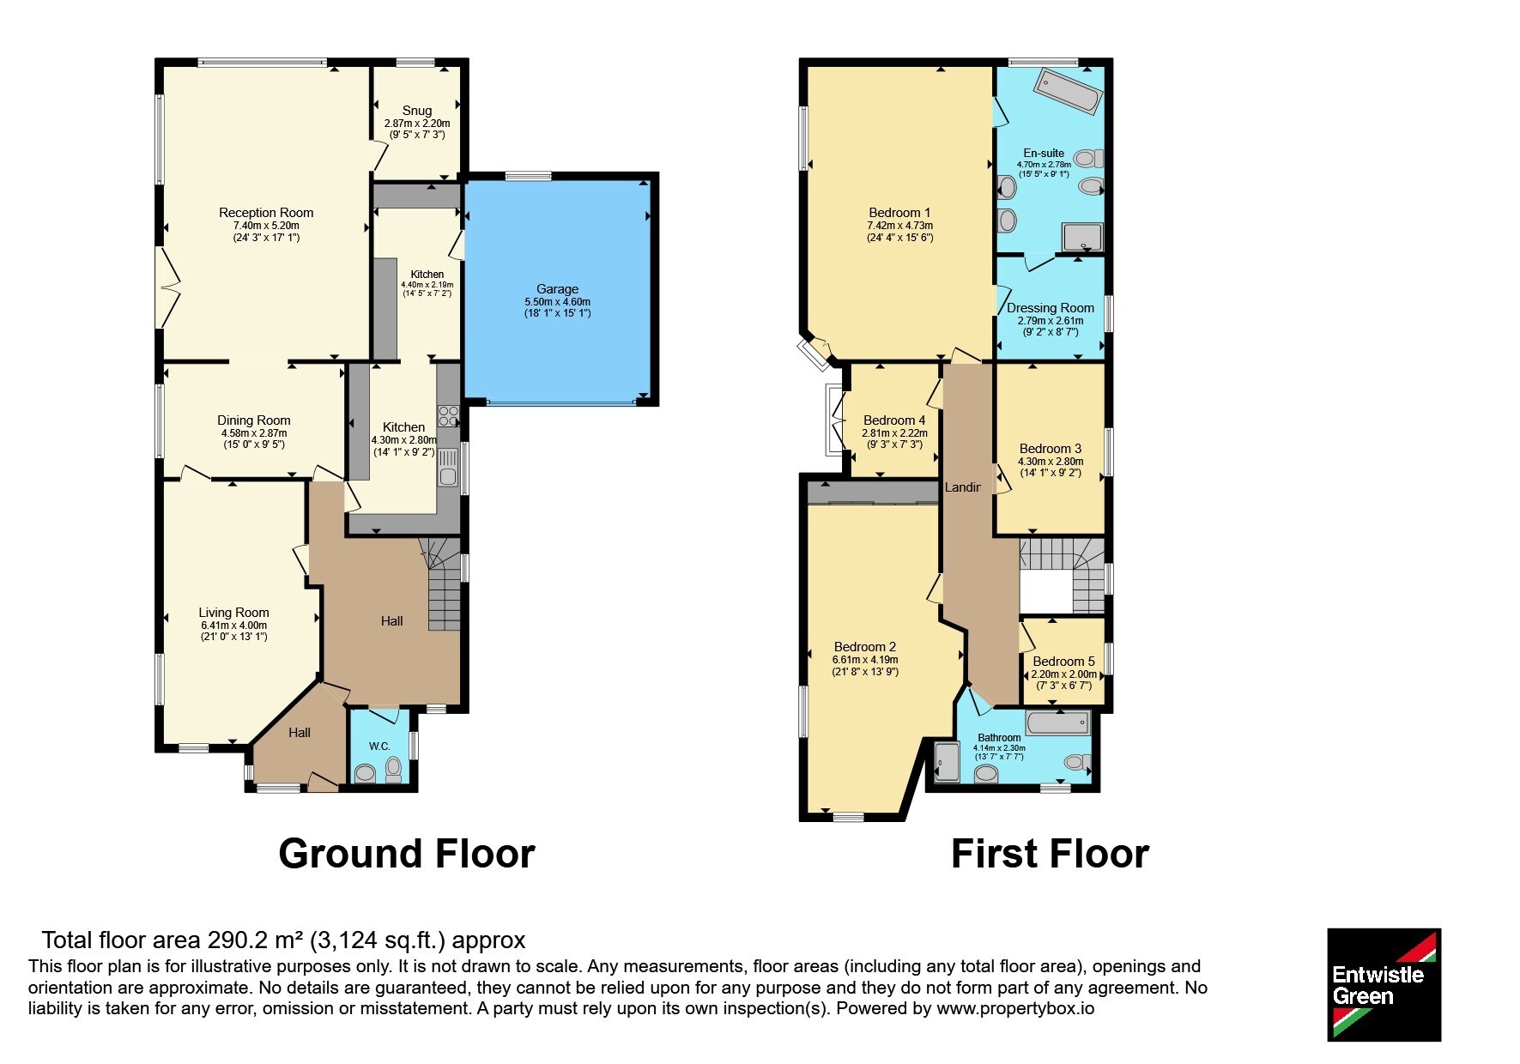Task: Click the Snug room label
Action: tap(417, 111)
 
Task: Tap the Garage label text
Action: tap(558, 289)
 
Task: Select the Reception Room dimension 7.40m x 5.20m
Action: tap(266, 226)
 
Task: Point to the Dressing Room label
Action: tap(1051, 308)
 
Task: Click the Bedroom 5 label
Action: tap(1063, 662)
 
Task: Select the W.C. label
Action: tap(380, 747)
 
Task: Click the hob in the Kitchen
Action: tap(449, 416)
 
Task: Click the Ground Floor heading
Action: tap(407, 854)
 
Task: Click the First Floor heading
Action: tap(1050, 854)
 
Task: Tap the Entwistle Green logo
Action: tap(1384, 985)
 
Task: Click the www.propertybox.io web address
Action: tap(1015, 1008)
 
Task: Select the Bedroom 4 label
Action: tap(894, 420)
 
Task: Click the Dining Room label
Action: tap(254, 420)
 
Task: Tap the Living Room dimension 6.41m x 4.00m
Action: tap(234, 626)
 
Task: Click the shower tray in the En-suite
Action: tap(1083, 237)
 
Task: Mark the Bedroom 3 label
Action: tap(1051, 449)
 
